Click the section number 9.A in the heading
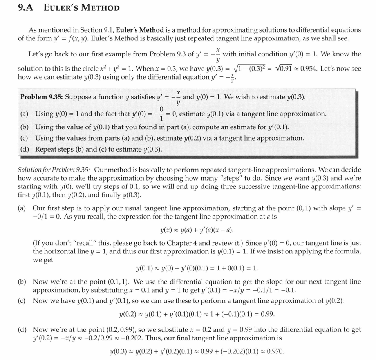click(27, 7)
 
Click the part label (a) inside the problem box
click(24, 114)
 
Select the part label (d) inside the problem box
click(24, 149)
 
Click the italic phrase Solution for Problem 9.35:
click(54, 170)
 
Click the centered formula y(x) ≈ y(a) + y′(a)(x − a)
click(194, 230)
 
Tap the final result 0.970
click(275, 351)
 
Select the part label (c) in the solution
click(22, 300)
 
